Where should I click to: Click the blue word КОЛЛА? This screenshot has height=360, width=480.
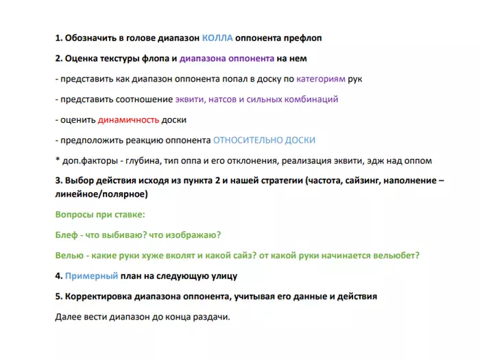point(219,38)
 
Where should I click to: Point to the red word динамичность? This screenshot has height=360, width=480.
point(128,119)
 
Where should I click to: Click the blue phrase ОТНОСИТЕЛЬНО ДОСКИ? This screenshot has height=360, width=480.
point(264,140)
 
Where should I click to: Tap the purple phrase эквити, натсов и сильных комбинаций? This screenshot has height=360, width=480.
point(256,99)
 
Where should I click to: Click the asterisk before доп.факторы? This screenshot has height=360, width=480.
point(57,160)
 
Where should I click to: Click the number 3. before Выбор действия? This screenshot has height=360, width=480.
point(58,181)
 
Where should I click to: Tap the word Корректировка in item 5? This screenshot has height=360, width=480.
point(96,296)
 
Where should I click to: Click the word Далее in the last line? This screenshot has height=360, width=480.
point(67,317)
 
